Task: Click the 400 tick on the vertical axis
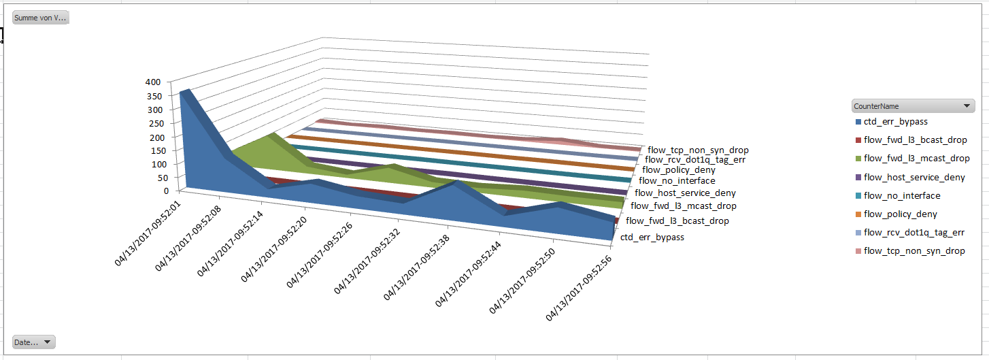click(152, 82)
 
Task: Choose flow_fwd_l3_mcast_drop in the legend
click(916, 159)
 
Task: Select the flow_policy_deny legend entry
click(900, 214)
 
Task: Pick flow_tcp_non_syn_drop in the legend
click(913, 251)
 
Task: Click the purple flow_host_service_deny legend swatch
click(858, 178)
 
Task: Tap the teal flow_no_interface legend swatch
click(858, 196)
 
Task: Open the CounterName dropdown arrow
click(967, 106)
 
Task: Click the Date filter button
click(33, 342)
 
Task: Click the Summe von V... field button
click(41, 18)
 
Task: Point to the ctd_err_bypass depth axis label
click(652, 238)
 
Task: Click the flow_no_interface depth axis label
click(677, 181)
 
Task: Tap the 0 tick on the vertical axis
click(166, 191)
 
